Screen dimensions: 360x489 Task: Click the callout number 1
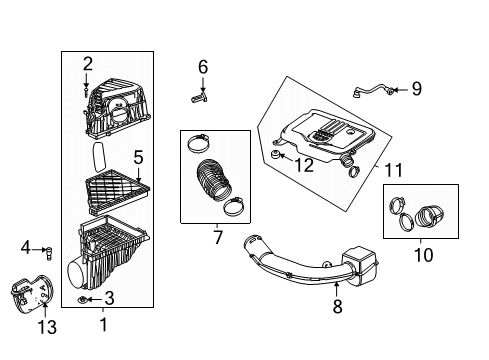click(x=101, y=323)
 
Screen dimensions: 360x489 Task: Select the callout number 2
click(x=88, y=65)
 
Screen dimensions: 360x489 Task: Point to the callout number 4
click(x=26, y=248)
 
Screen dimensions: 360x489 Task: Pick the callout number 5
click(x=139, y=156)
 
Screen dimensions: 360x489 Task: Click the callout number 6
click(x=203, y=67)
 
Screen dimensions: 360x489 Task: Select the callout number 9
click(x=416, y=89)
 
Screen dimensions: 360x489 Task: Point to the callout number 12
click(x=303, y=165)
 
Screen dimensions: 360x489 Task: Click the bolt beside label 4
click(x=46, y=249)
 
